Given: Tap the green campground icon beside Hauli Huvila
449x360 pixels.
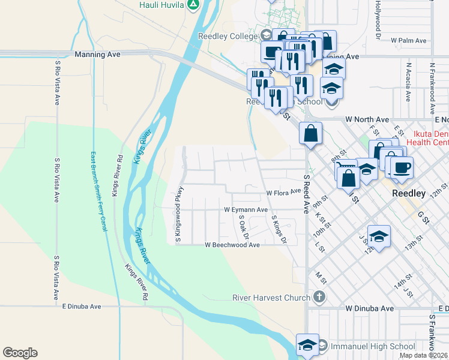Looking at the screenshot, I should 193,5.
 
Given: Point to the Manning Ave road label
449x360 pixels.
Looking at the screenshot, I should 97,54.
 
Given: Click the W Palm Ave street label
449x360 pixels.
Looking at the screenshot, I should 408,41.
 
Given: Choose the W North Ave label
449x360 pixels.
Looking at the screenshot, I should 367,119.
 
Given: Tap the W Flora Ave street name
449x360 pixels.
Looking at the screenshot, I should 283,193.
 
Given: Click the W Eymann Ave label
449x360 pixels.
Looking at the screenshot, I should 246,210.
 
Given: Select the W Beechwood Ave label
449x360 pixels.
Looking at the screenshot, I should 232,245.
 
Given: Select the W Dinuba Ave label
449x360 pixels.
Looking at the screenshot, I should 370,308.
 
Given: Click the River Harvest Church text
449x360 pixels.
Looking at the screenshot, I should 271,297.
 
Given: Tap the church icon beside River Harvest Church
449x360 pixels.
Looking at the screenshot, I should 319,296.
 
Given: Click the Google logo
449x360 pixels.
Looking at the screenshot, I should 20,353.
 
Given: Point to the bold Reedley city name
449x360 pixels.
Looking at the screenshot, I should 408,194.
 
